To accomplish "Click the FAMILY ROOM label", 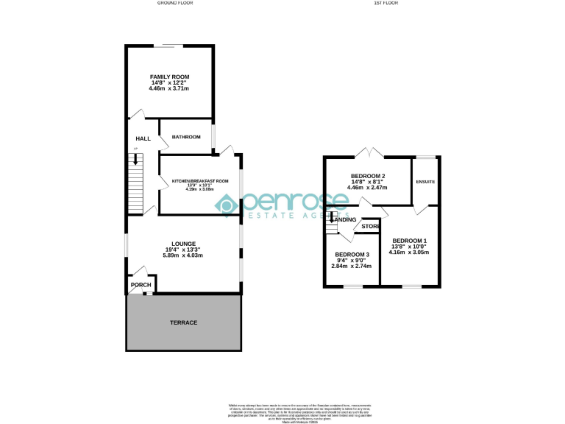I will point(170,77).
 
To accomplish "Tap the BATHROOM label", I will point(186,137).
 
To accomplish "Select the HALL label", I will point(143,138).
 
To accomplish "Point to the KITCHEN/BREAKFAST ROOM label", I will point(200,181).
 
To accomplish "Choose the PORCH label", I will point(141,285).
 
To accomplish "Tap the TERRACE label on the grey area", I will point(183,322).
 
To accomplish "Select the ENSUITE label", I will point(425,181).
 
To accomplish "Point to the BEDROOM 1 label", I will point(410,241).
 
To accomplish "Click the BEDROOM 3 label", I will point(351,254).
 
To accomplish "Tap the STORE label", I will point(371,226).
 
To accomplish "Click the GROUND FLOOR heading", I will point(175,3).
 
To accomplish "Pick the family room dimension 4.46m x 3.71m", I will point(169,89).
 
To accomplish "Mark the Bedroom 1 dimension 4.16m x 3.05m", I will point(410,252).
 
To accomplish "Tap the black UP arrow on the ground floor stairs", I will point(135,159).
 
